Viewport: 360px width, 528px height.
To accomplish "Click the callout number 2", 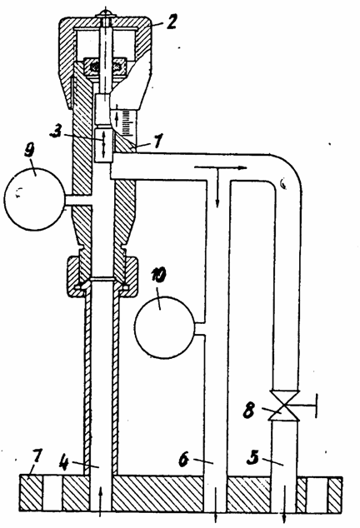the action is pyautogui.click(x=171, y=22).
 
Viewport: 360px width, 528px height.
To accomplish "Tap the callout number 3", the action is pyautogui.click(x=55, y=132).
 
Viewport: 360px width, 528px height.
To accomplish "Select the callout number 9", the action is pyautogui.click(x=31, y=151).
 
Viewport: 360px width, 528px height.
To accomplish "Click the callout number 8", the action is pyautogui.click(x=248, y=410).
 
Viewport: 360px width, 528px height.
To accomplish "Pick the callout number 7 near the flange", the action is pyautogui.click(x=36, y=456).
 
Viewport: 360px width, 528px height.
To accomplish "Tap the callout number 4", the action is pyautogui.click(x=64, y=462).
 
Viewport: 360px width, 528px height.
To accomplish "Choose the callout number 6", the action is pyautogui.click(x=183, y=460).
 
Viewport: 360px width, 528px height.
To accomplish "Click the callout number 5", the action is pyautogui.click(x=253, y=457).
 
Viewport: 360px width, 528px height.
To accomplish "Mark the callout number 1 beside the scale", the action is pyautogui.click(x=158, y=141).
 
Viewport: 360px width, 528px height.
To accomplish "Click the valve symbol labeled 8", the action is pyautogui.click(x=284, y=406).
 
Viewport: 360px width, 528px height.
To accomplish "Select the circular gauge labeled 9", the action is pyautogui.click(x=33, y=199).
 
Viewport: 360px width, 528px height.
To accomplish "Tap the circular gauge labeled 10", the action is pyautogui.click(x=164, y=327).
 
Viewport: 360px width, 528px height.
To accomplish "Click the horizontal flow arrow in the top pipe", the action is pyautogui.click(x=221, y=167).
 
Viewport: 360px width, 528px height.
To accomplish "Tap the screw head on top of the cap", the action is pyautogui.click(x=106, y=14).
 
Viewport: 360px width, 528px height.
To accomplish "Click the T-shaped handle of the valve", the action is pyautogui.click(x=305, y=406).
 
